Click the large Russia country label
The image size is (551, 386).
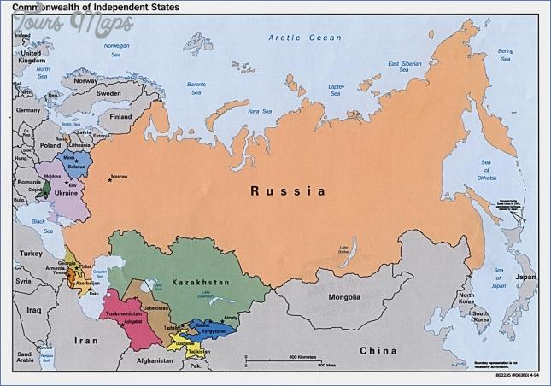tap(287, 191)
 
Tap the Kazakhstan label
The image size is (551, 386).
tap(196, 281)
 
